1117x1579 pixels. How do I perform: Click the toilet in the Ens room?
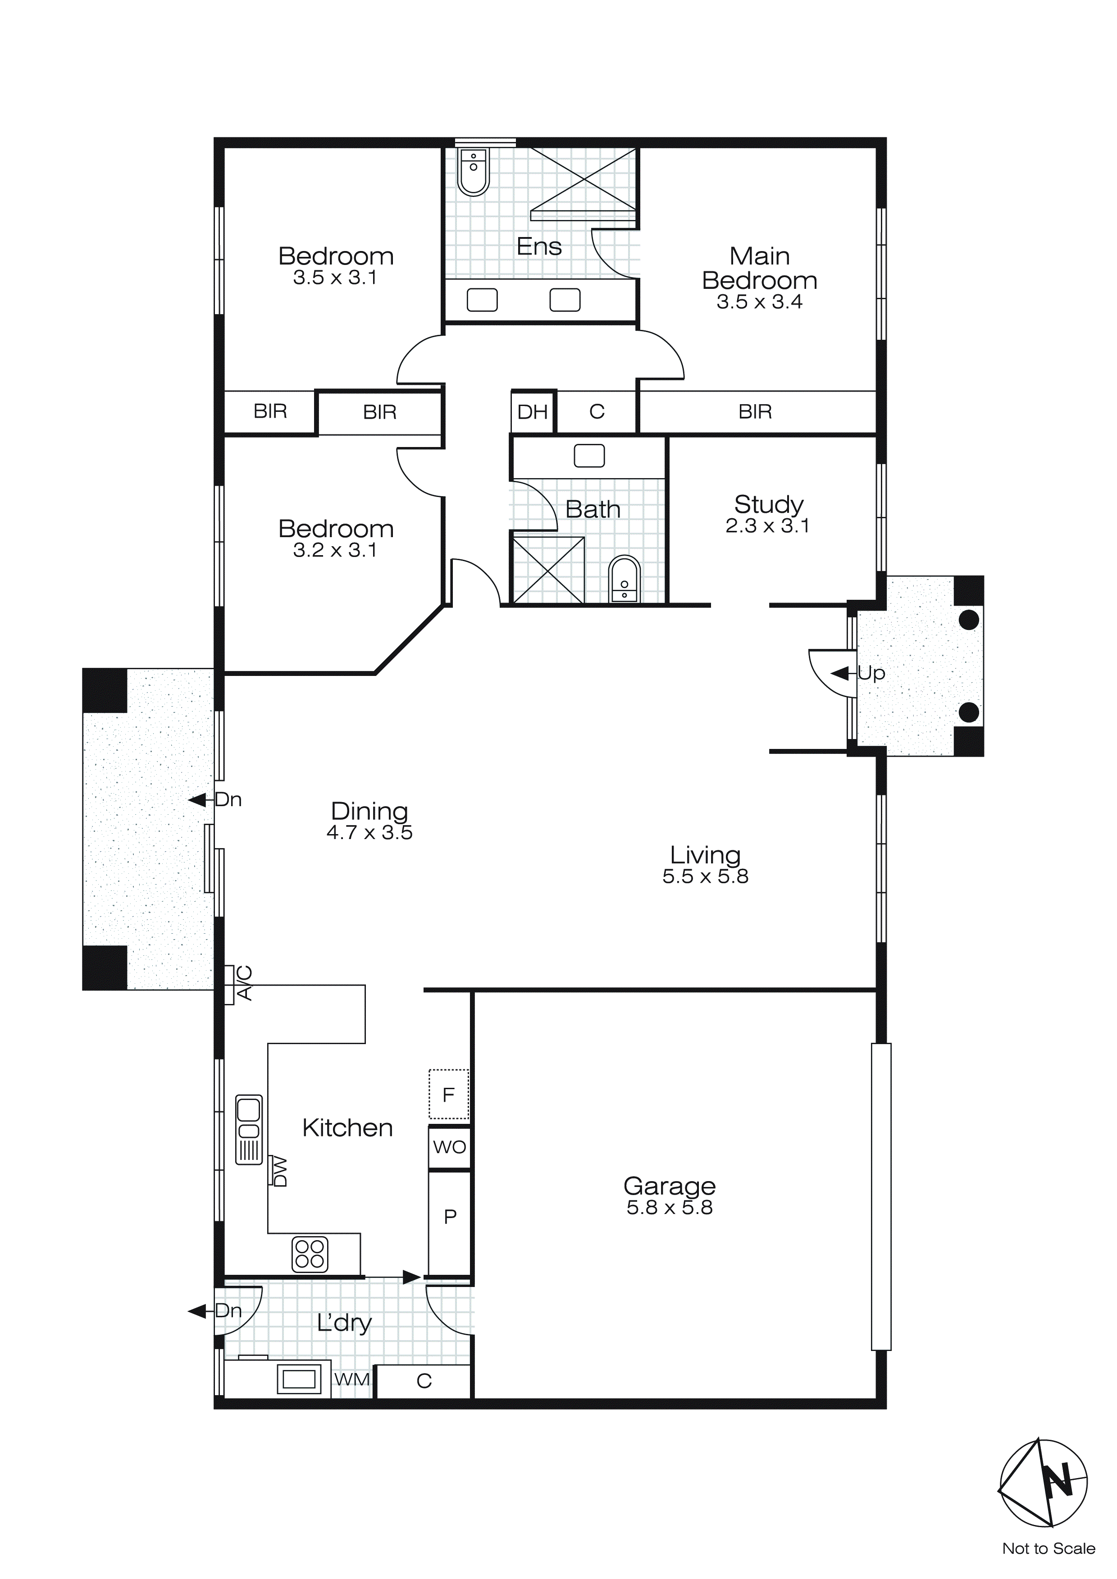pos(473,173)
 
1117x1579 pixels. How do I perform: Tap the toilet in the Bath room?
pos(624,580)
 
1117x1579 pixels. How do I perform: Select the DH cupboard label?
pos(532,412)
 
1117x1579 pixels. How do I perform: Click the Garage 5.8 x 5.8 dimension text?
pos(669,1208)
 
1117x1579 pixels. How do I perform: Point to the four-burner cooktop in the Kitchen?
pos(310,1254)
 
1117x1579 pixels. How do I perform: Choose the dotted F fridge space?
pos(448,1094)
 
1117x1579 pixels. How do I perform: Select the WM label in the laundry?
pos(351,1379)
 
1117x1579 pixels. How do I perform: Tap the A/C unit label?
pos(244,983)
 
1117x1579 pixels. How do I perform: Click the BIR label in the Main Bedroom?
pos(755,411)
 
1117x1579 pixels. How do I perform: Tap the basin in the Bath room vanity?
pos(589,455)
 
